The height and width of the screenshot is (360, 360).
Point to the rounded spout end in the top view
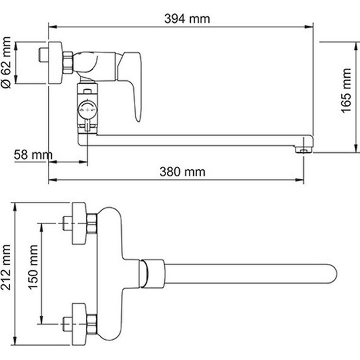pyautogui.click(x=333, y=273)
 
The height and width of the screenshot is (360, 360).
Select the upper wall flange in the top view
pyautogui.click(x=80, y=223)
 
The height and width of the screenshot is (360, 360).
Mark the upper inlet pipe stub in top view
pyautogui.click(x=68, y=223)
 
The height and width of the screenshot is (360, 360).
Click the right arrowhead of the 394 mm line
pyautogui.click(x=311, y=27)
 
